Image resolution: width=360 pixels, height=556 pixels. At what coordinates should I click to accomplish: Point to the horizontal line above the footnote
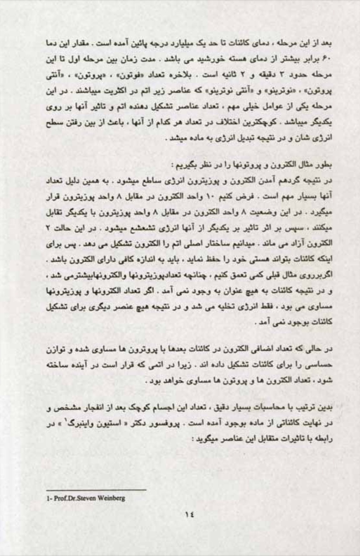[x=96, y=490]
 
